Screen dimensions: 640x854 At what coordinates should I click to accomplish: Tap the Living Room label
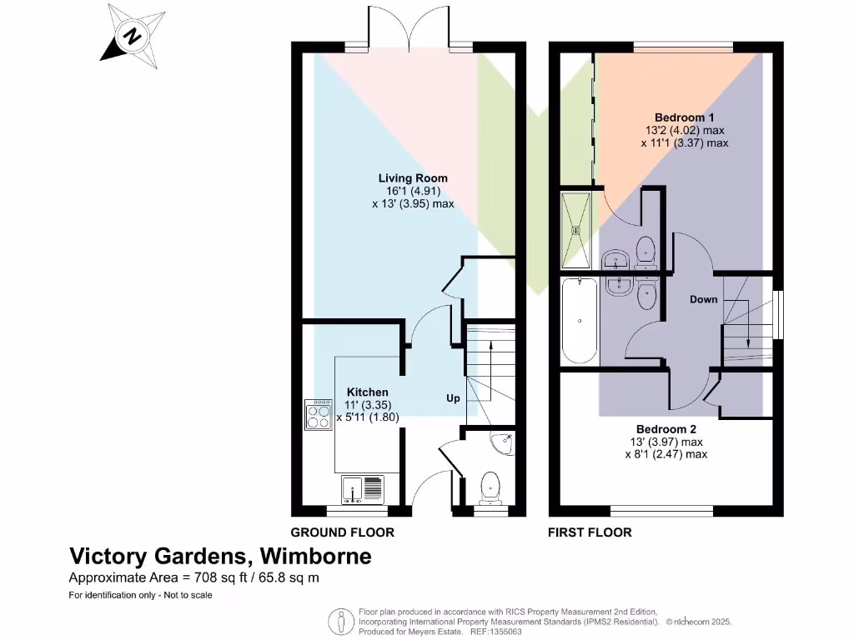click(x=413, y=177)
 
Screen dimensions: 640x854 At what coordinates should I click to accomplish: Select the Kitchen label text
click(x=367, y=392)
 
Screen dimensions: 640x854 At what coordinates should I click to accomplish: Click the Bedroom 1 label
click(x=684, y=117)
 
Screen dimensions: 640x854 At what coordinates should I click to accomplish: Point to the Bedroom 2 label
click(x=665, y=429)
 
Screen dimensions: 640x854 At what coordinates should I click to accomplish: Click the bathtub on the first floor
click(x=579, y=322)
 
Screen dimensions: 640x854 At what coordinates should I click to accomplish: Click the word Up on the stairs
click(x=453, y=399)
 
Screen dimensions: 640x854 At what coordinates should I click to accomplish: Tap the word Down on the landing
click(x=703, y=299)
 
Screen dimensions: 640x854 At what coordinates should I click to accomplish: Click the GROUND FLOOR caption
click(x=342, y=532)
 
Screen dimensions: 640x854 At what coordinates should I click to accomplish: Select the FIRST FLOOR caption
click(x=590, y=532)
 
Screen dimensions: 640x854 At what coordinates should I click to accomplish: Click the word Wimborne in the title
click(x=316, y=556)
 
